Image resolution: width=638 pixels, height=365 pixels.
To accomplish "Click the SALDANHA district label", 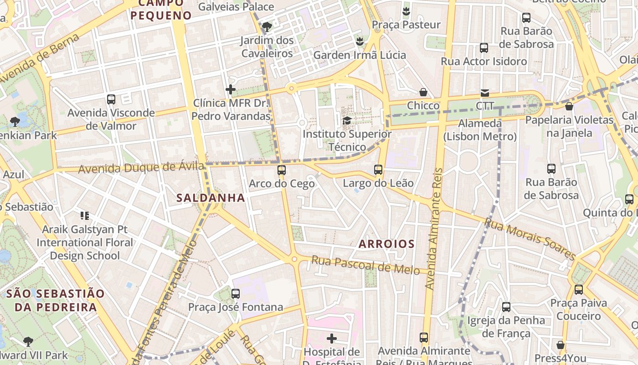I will (x=211, y=198).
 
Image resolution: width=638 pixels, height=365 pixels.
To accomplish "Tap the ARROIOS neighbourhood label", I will (x=386, y=244).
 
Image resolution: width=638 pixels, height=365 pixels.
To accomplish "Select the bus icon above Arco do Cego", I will (x=282, y=170).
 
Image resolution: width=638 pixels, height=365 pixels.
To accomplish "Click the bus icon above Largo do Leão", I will (x=378, y=170).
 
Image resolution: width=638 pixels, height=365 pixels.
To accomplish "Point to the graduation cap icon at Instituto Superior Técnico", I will (x=347, y=121).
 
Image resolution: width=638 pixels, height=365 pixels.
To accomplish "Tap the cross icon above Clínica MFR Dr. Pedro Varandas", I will (x=231, y=89).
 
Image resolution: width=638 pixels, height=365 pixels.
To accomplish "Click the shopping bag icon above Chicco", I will (x=423, y=93).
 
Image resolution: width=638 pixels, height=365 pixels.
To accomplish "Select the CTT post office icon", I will (x=484, y=93).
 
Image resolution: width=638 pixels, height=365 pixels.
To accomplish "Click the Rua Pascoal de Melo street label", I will (x=365, y=265).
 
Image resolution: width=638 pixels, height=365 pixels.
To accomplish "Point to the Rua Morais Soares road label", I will (x=530, y=239).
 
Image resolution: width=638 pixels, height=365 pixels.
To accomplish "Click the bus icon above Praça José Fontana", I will (x=236, y=294).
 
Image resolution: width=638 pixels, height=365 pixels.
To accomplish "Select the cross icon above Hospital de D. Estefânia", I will (x=332, y=339).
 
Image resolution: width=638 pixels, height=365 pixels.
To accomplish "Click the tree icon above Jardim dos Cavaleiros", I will (x=268, y=27).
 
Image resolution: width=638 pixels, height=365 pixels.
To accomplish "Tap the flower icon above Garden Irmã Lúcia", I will (x=360, y=42).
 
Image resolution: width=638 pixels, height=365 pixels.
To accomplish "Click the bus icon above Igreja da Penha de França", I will (x=506, y=307).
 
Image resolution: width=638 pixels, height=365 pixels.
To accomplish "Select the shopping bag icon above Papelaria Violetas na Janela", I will (x=569, y=107).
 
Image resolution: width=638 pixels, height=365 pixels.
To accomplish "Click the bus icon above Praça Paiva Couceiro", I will (x=579, y=290).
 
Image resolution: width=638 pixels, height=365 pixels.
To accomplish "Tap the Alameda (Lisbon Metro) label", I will (x=480, y=130).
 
